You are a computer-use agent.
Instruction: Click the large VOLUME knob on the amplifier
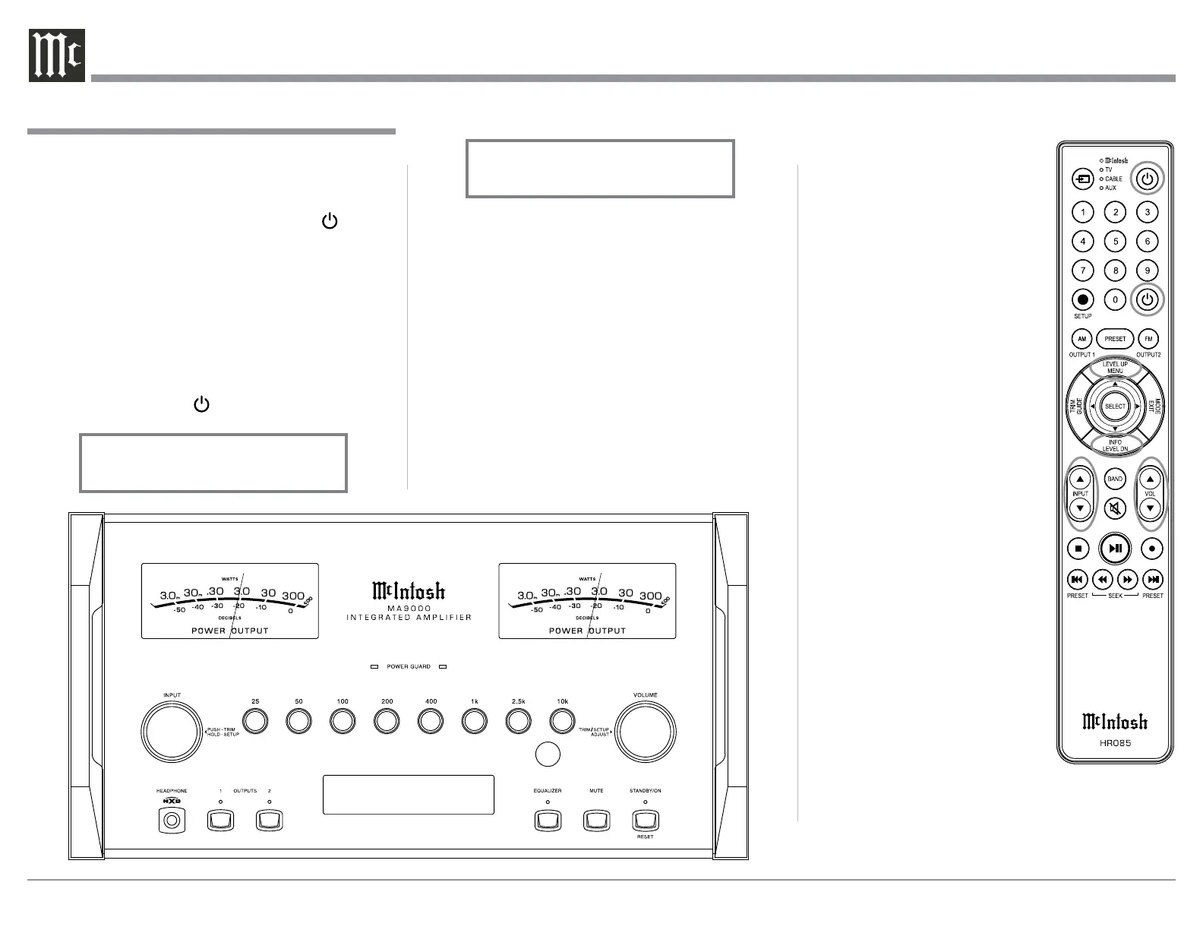click(645, 732)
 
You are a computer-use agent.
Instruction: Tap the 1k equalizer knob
click(474, 720)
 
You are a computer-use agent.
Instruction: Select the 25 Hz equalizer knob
click(255, 720)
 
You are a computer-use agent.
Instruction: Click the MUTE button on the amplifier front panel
click(596, 821)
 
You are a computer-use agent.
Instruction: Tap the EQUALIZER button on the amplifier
click(547, 821)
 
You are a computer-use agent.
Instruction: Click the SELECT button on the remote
click(1115, 406)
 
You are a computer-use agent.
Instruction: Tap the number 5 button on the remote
click(1115, 242)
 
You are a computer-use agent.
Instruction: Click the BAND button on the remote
click(1115, 479)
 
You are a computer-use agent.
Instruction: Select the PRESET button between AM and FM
click(1115, 339)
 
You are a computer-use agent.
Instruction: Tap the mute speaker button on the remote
click(1115, 508)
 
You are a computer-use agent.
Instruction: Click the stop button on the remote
click(1078, 548)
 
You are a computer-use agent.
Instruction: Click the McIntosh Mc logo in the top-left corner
click(56, 56)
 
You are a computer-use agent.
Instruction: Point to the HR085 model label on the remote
click(1115, 743)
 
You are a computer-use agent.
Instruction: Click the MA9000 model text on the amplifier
click(409, 609)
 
